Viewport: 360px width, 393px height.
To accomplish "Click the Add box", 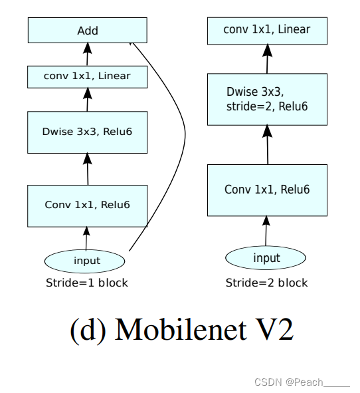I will point(87,31).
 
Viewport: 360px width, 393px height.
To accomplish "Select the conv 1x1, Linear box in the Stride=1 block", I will point(87,76).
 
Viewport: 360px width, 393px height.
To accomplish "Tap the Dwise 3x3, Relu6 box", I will point(87,132).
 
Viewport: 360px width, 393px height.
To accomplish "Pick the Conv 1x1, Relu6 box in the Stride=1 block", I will point(87,205).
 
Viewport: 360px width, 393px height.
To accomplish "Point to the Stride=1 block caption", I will point(86,283).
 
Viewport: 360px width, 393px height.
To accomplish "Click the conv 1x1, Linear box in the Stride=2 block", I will point(267,30).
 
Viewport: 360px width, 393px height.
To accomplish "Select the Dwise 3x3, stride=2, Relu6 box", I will point(267,100).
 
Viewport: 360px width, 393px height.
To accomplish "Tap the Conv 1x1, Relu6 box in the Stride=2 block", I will point(267,190).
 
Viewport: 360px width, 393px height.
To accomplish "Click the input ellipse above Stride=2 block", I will point(266,257).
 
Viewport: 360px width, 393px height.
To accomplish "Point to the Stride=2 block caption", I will point(266,283).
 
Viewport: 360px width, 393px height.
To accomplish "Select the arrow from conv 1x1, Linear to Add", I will point(86,54).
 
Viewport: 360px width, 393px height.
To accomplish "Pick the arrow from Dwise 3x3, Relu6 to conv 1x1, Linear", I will point(86,100).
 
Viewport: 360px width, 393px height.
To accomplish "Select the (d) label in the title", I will point(86,330).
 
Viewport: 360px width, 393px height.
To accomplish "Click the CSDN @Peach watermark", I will point(302,382).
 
